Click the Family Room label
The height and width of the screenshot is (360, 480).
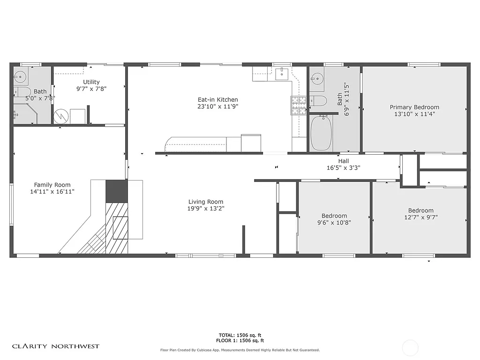[52, 185]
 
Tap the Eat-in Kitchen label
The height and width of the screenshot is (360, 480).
[217, 99]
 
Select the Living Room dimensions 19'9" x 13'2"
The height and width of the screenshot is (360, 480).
[206, 209]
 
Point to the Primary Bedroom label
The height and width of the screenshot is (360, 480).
[414, 107]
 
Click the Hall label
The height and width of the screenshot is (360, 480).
[344, 161]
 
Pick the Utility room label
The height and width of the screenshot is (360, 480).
[91, 82]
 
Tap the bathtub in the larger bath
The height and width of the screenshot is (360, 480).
[321, 133]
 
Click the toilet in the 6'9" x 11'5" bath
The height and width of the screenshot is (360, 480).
[319, 100]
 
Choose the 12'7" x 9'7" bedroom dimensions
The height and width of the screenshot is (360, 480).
[420, 217]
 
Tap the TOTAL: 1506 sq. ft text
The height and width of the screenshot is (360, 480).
[240, 335]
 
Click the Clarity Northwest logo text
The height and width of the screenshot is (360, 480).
[56, 346]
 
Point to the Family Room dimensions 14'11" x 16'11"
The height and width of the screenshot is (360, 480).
[52, 191]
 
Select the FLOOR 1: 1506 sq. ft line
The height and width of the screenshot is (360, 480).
[240, 341]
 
